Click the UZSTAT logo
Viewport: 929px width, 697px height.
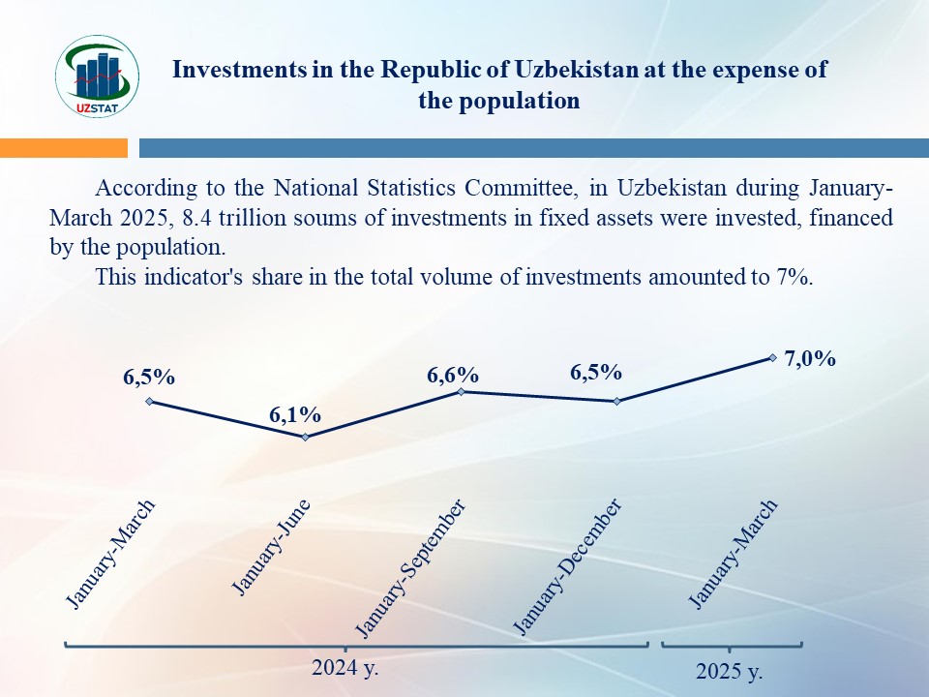tap(99, 76)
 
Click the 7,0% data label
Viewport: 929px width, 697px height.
tap(810, 358)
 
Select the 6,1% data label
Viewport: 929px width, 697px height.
tap(295, 415)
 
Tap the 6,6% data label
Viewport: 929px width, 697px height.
tap(453, 375)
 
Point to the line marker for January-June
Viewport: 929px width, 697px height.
tap(306, 437)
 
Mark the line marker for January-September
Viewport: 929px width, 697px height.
tap(461, 391)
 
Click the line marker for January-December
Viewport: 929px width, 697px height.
tap(616, 401)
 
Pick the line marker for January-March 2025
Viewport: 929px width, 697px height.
tap(772, 357)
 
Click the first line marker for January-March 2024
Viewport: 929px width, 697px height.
tap(149, 401)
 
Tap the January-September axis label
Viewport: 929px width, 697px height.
tap(411, 569)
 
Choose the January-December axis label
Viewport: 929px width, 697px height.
tap(566, 568)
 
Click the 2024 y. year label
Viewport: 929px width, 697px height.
tap(345, 667)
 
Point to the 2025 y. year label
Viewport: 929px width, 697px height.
tap(730, 671)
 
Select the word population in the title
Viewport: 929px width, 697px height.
tap(530, 100)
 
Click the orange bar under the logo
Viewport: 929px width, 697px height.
tap(64, 147)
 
